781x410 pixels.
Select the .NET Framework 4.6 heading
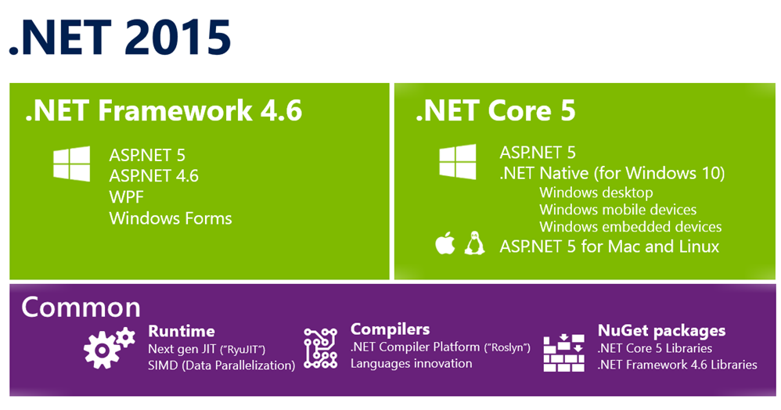(x=164, y=110)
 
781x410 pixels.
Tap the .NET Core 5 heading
(x=495, y=110)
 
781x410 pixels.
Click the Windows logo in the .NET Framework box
(x=72, y=164)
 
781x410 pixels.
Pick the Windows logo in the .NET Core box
(x=458, y=161)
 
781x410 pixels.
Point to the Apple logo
(x=444, y=243)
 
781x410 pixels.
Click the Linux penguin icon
(x=475, y=243)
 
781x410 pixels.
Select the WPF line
(x=127, y=196)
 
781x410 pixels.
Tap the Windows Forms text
(x=171, y=218)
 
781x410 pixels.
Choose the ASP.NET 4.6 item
(x=154, y=175)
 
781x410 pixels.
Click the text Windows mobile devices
(x=617, y=209)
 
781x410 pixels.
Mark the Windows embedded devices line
(x=631, y=227)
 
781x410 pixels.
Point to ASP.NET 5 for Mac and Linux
(x=610, y=246)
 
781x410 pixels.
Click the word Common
(x=81, y=307)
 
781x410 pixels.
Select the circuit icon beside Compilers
(x=321, y=347)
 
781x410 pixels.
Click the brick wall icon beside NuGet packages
(x=563, y=352)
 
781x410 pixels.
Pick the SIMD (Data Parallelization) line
(x=221, y=365)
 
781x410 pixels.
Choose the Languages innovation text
(x=412, y=363)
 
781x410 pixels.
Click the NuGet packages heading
(x=661, y=331)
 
